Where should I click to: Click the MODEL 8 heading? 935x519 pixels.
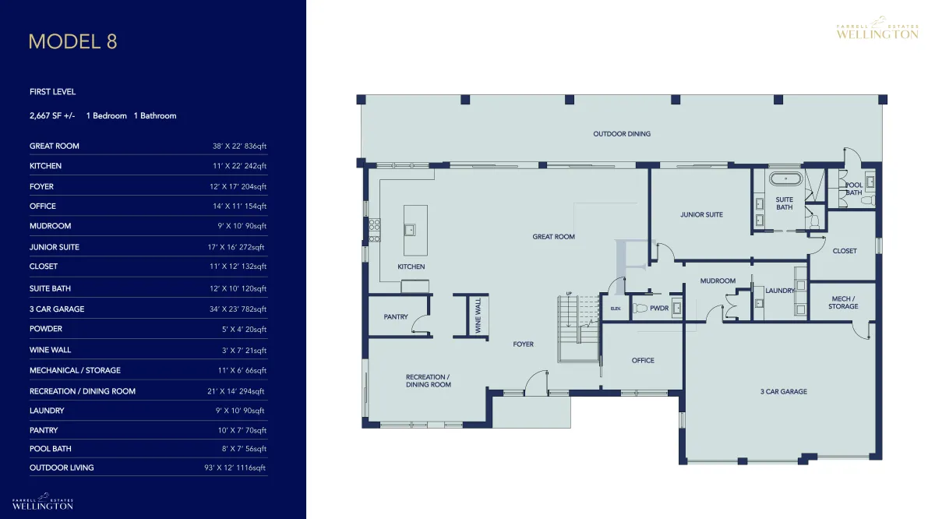[73, 42]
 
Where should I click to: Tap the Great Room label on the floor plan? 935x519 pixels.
[553, 237]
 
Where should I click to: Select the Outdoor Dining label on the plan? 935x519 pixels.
[622, 134]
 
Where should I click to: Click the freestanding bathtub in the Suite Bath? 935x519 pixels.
[786, 178]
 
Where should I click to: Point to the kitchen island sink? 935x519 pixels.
[410, 230]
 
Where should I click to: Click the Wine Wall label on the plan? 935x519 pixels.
[478, 316]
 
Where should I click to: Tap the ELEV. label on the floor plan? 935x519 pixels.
[616, 309]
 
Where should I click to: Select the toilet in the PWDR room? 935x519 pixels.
[640, 309]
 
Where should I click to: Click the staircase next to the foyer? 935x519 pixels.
[578, 329]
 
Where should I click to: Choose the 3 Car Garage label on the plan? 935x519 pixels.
[784, 392]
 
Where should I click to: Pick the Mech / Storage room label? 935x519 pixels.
[843, 302]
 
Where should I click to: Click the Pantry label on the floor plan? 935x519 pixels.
[396, 317]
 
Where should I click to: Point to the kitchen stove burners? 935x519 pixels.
[375, 230]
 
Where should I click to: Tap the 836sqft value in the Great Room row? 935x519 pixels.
[256, 147]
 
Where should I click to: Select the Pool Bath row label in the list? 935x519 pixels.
[51, 449]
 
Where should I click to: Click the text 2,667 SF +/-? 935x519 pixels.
[52, 116]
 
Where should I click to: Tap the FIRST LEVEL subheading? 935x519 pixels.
[53, 92]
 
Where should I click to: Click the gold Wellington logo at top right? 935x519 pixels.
[877, 28]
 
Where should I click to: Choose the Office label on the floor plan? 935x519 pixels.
[643, 360]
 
